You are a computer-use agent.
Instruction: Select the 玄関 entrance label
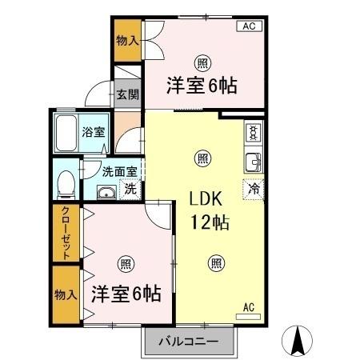pyautogui.click(x=126, y=94)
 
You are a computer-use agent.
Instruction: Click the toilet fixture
pyautogui.click(x=67, y=182)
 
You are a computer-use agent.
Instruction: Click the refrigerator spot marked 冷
pyautogui.click(x=253, y=190)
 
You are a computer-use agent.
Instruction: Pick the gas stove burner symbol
pyautogui.click(x=255, y=131)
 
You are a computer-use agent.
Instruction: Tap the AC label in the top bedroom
pyautogui.click(x=249, y=26)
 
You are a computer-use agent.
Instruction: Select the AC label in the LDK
pyautogui.click(x=248, y=306)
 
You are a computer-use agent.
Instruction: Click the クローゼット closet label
pyautogui.click(x=66, y=234)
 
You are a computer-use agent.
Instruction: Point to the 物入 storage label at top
pyautogui.click(x=127, y=40)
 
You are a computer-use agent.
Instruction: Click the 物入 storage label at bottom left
pyautogui.click(x=66, y=294)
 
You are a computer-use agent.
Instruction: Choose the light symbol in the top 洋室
pyautogui.click(x=203, y=62)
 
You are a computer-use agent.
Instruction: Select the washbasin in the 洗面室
pyautogui.click(x=106, y=192)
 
